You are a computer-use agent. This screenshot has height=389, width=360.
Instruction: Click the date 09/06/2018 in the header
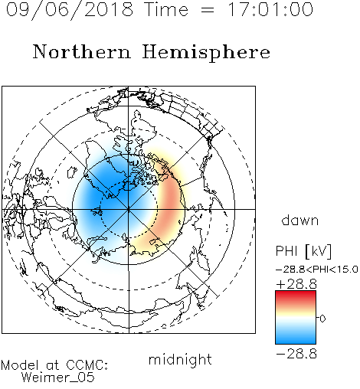click(70, 10)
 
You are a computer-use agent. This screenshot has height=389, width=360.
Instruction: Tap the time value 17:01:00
click(270, 9)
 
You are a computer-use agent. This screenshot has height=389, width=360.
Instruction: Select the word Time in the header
click(166, 9)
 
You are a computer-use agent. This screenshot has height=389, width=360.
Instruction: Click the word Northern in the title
click(82, 51)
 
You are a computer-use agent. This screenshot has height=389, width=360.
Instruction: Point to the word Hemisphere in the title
click(206, 52)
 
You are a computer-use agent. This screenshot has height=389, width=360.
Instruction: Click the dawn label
click(300, 221)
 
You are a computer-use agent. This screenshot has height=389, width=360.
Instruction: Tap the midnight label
click(180, 359)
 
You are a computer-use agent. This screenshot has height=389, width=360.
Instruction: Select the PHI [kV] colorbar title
click(303, 251)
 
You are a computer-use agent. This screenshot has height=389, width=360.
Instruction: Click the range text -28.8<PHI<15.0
click(317, 270)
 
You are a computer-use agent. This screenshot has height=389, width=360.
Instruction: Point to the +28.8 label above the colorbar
click(296, 284)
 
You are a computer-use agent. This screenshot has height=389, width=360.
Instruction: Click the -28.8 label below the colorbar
click(296, 354)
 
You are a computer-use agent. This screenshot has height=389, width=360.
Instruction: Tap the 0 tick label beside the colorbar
click(322, 319)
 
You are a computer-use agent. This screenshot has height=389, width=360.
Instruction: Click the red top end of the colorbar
click(296, 293)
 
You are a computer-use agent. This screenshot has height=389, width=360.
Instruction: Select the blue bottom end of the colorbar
click(296, 341)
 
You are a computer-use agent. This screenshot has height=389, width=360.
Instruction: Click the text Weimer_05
click(58, 377)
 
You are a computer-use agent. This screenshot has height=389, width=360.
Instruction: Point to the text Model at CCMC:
click(54, 365)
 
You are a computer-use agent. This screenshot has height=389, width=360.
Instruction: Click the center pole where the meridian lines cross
click(129, 210)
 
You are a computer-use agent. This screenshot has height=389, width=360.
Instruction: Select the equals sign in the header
click(208, 10)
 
